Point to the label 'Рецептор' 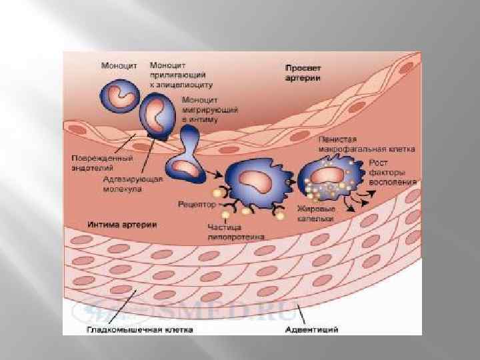pyautogui.click(x=197, y=204)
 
